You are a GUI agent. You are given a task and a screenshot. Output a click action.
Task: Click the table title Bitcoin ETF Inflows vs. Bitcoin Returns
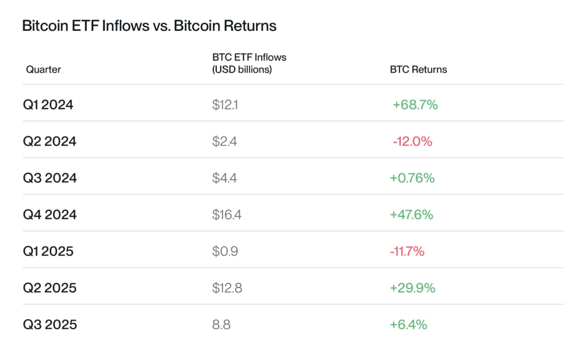coord(149,26)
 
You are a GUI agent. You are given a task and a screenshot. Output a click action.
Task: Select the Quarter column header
coord(43,70)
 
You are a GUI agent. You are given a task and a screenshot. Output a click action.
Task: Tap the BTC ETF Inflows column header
coord(249,64)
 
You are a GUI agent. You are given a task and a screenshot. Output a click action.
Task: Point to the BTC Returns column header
coord(418,70)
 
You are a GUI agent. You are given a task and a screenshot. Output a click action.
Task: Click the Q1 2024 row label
coord(48,105)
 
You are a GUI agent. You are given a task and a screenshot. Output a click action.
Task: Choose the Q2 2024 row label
coord(49,141)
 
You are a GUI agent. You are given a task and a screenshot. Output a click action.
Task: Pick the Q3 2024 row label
coord(49,178)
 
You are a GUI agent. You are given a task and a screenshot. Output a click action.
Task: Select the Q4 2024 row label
coord(49,215)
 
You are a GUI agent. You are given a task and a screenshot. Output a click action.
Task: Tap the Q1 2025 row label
coord(48,252)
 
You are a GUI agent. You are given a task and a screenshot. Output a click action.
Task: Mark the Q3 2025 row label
coord(49,325)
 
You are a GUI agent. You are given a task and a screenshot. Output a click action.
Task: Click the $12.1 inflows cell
coord(225,105)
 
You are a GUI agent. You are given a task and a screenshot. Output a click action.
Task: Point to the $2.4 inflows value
coord(225,141)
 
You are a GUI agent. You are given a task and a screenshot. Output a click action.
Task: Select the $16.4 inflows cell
coord(227,215)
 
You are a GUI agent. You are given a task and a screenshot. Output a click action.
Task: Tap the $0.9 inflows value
coord(225,252)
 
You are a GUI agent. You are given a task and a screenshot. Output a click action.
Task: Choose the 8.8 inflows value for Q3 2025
coord(221,325)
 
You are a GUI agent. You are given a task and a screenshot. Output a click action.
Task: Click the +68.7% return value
coord(415,105)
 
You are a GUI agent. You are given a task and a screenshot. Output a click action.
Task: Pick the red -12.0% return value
coord(412,141)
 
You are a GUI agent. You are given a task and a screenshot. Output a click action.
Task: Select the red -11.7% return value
coord(407,252)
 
